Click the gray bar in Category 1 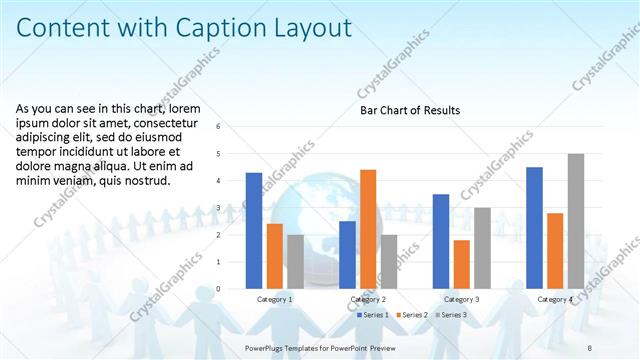[296, 261]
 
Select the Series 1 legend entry [374, 315]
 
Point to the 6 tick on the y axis [232, 128]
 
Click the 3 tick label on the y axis [232, 208]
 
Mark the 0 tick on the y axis [232, 288]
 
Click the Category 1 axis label [275, 299]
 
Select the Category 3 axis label [461, 299]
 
